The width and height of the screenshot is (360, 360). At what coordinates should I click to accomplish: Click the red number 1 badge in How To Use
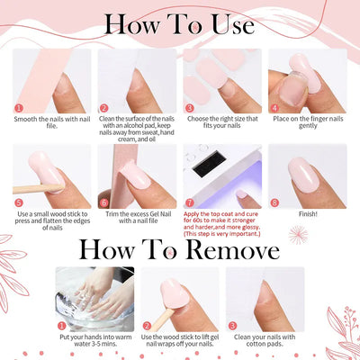click(18, 108)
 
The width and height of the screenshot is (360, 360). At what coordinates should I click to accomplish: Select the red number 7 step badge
click(188, 203)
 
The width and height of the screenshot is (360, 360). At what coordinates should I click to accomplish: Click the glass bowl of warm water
click(92, 301)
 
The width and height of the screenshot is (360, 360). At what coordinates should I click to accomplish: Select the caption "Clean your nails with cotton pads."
click(266, 343)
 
